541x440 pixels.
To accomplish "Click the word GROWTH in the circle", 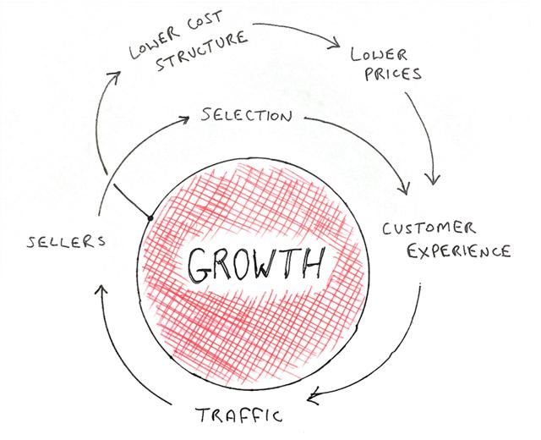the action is [256, 265].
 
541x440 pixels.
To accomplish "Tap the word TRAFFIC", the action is [239, 415].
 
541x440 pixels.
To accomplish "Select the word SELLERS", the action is [66, 241].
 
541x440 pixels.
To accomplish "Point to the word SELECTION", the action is [246, 115].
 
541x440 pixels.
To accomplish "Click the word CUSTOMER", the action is [429, 228].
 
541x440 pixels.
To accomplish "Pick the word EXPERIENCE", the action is [459, 251].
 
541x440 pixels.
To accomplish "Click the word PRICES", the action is [393, 74].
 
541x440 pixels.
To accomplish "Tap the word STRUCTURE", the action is [202, 51].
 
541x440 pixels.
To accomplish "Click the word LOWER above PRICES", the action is [379, 54].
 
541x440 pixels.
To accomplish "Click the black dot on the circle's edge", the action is [150, 218].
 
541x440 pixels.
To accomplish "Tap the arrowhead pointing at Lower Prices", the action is [336, 43].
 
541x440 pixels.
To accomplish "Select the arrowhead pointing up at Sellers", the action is [101, 289].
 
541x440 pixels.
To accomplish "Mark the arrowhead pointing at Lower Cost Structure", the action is [116, 76].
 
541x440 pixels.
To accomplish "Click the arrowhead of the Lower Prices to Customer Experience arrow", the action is [433, 180].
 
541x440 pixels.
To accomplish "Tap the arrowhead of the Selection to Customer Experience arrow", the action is [405, 189].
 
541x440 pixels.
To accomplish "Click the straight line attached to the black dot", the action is [132, 201].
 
